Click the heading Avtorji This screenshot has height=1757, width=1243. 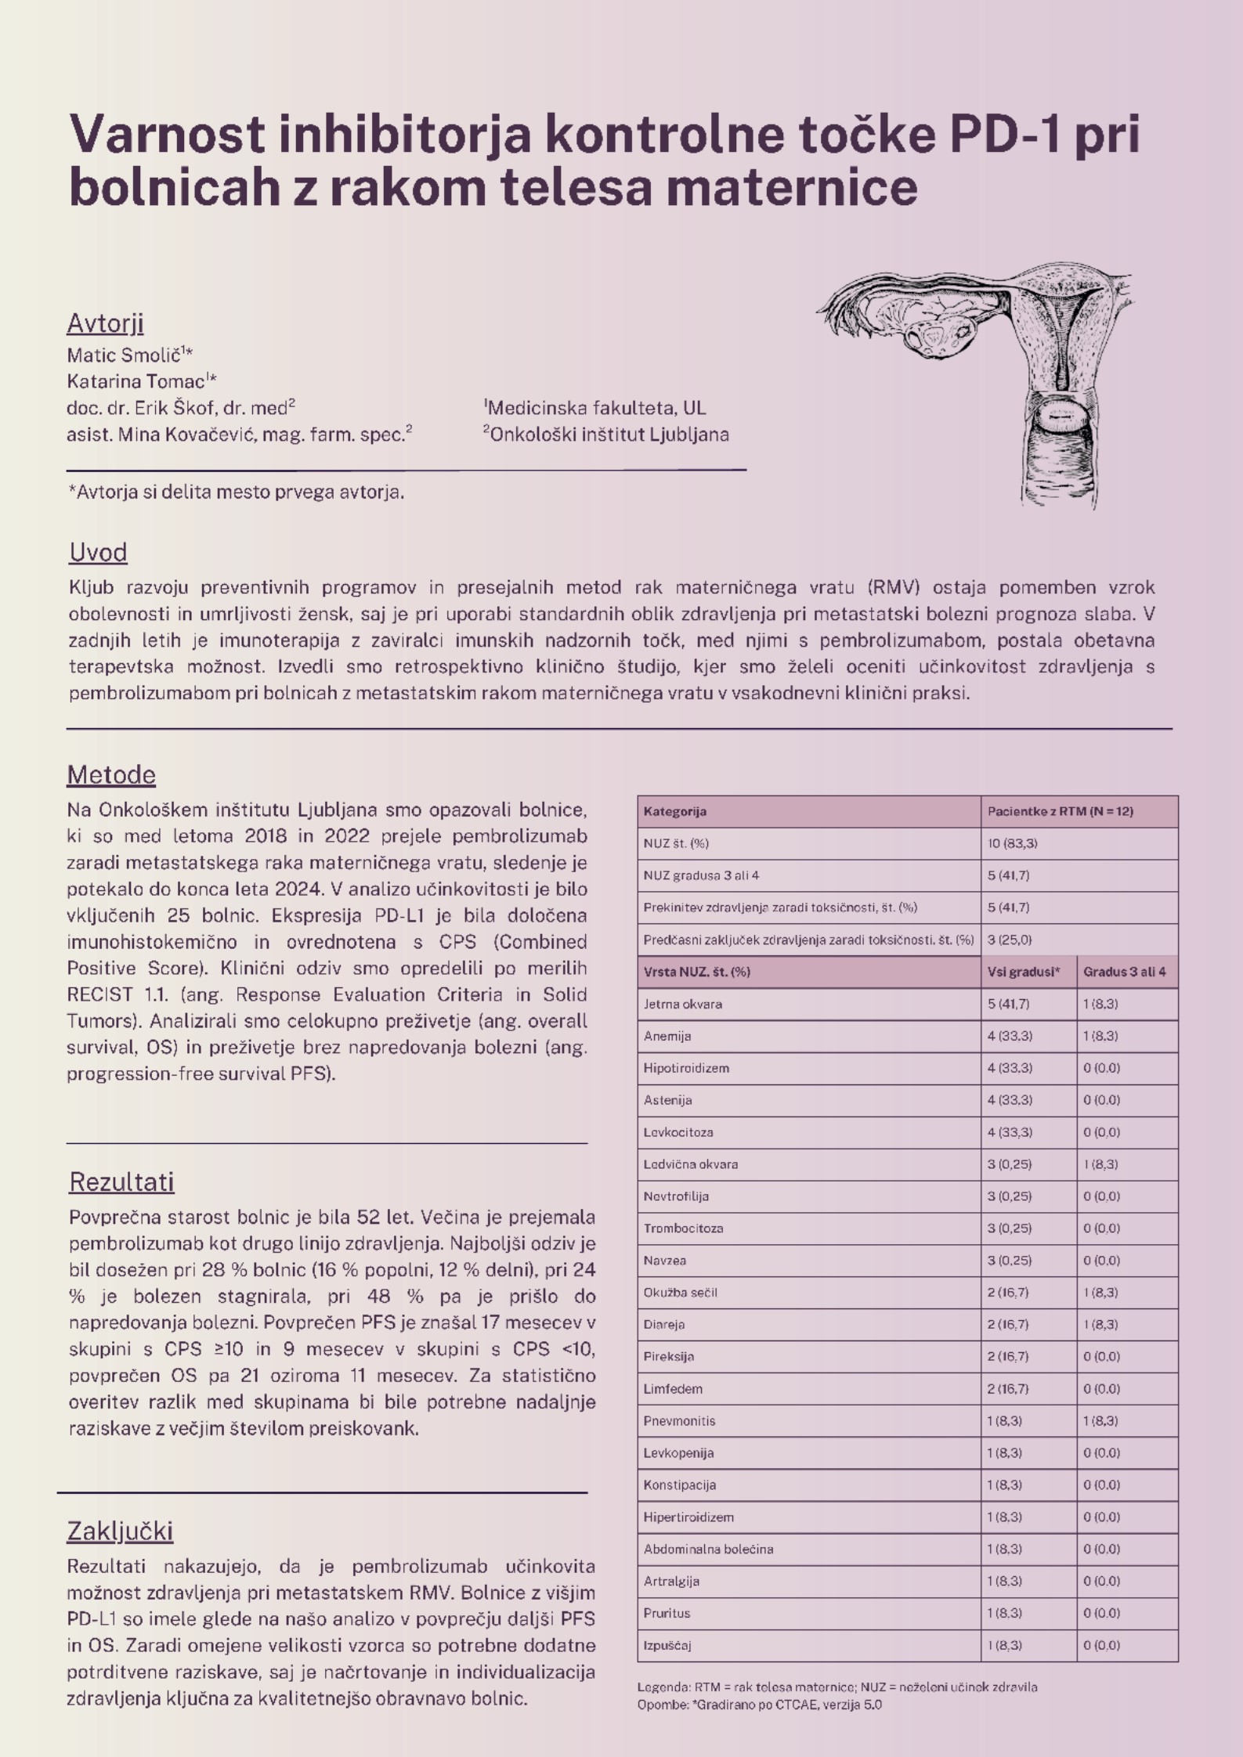point(105,323)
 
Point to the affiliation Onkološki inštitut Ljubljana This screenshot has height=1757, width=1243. point(609,435)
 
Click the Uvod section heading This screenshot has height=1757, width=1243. point(98,553)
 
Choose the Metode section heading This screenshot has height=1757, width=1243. point(111,775)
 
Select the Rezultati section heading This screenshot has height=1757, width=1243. point(121,1182)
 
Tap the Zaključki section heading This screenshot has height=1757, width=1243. point(120,1531)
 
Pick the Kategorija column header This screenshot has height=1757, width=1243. point(675,812)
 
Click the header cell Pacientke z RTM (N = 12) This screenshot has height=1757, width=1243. point(1060,812)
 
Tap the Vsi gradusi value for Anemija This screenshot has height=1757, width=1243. point(1010,1037)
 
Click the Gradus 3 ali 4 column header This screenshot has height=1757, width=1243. point(1124,972)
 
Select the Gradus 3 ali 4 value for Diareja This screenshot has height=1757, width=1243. point(1101,1325)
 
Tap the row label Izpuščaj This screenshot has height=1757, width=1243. point(667,1646)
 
